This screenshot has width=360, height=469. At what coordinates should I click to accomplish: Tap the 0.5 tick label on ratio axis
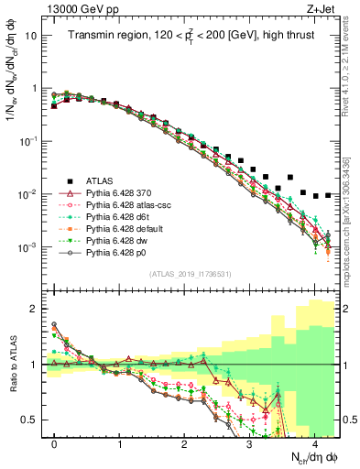pyautogui.click(x=30, y=420)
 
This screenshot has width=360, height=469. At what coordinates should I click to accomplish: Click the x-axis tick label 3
pyautogui.click(x=249, y=442)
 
